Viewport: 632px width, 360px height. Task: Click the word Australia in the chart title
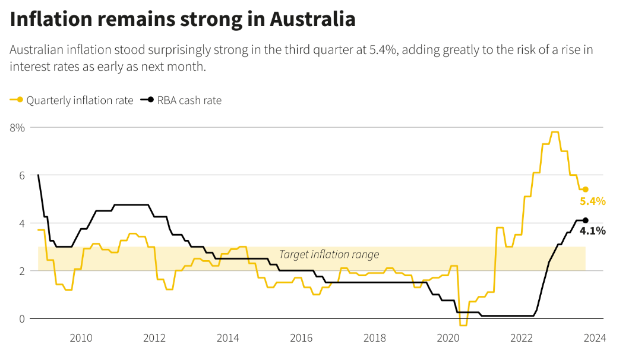[x=312, y=20]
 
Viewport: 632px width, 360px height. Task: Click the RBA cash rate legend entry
[x=181, y=100]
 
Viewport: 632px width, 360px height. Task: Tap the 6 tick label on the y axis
[x=21, y=175]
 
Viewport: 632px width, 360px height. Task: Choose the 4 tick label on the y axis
[x=21, y=223]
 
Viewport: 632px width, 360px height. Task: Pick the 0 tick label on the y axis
[x=21, y=319]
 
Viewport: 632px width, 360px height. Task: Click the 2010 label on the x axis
[x=81, y=338]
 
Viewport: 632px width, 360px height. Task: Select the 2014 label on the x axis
[x=228, y=338]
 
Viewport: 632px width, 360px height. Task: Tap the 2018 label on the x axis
[x=375, y=338]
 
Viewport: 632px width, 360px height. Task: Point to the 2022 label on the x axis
[x=522, y=338]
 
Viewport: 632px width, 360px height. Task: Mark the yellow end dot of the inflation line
[x=585, y=190]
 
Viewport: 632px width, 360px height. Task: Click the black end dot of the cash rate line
[x=585, y=220]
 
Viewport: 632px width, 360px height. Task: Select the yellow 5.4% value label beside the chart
[x=592, y=201]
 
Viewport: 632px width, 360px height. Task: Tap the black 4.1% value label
[x=592, y=231]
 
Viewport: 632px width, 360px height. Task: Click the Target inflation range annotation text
[x=329, y=255]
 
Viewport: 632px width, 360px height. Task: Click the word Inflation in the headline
[x=52, y=20]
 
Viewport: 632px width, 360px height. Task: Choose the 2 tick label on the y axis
[x=21, y=271]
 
